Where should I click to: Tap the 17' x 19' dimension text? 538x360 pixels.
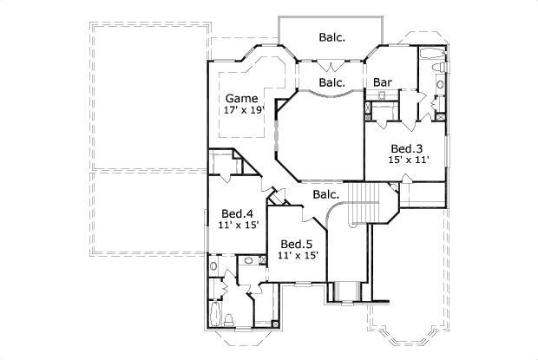243,110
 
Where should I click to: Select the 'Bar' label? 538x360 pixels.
382,83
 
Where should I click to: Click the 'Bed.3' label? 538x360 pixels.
405,148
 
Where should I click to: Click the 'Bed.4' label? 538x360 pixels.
236,213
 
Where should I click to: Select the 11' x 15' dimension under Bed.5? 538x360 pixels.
298,256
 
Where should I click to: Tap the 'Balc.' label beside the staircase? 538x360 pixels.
326,195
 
